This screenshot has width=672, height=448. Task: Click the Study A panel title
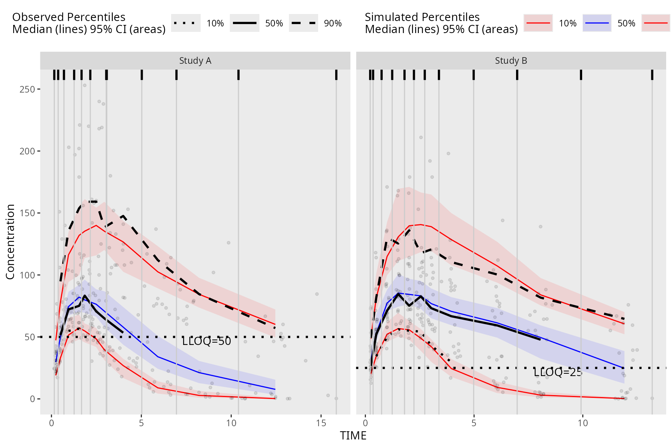(x=195, y=61)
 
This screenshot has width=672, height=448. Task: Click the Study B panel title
(x=511, y=61)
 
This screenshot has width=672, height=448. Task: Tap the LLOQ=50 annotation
(x=206, y=341)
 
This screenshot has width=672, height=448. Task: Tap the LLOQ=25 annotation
(x=558, y=372)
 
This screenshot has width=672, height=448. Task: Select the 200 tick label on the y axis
(x=27, y=151)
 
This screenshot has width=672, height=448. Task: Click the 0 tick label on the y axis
(x=33, y=399)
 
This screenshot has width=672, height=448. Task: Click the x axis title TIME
(x=353, y=436)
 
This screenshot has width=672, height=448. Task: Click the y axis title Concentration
(x=10, y=241)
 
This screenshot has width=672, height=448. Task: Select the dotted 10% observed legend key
(x=186, y=23)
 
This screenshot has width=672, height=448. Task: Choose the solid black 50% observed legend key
(x=245, y=23)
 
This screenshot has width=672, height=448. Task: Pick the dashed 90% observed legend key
(x=303, y=23)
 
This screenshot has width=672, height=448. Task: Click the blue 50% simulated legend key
(x=597, y=23)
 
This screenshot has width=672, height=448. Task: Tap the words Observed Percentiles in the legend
(x=69, y=17)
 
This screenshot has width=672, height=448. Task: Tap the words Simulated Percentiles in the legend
(x=422, y=17)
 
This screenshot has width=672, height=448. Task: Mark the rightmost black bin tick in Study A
(x=336, y=75)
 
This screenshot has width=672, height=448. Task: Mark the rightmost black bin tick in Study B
(x=652, y=75)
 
